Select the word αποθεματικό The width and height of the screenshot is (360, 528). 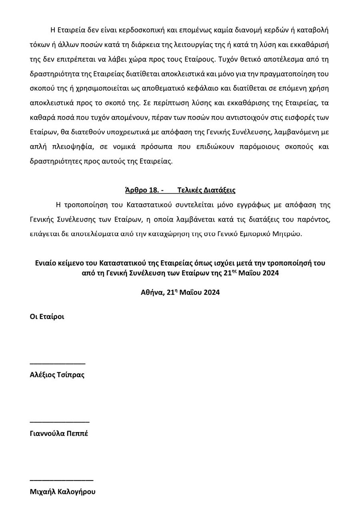click(170, 88)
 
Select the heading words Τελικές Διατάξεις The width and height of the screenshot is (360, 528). click(206, 190)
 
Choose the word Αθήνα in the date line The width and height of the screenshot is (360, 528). click(152, 292)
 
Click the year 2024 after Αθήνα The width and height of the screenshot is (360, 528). click(212, 292)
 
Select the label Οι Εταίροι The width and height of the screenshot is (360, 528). click(47, 317)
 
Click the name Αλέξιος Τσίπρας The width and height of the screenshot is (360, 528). click(57, 375)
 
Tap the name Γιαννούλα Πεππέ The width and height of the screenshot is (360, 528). click(59, 433)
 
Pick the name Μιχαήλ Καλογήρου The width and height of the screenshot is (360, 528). click(62, 492)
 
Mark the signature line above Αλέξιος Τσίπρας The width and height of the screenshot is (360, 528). click(58, 363)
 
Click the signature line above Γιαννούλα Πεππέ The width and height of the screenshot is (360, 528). click(60, 422)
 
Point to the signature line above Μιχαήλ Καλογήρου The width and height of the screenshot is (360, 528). click(62, 480)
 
